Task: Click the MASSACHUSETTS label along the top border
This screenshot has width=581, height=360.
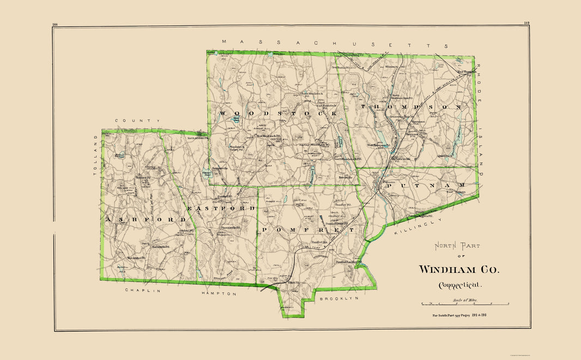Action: tap(337, 44)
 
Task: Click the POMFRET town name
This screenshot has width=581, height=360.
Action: tap(307, 230)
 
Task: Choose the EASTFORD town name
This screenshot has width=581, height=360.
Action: tap(221, 208)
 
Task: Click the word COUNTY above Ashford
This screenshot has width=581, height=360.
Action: tap(137, 121)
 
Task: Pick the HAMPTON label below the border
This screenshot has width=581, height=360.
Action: tap(219, 293)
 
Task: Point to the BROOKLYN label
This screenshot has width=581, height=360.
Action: tap(338, 299)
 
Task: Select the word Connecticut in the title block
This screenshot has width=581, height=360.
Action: tap(460, 285)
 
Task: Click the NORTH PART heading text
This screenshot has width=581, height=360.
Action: tap(457, 246)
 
